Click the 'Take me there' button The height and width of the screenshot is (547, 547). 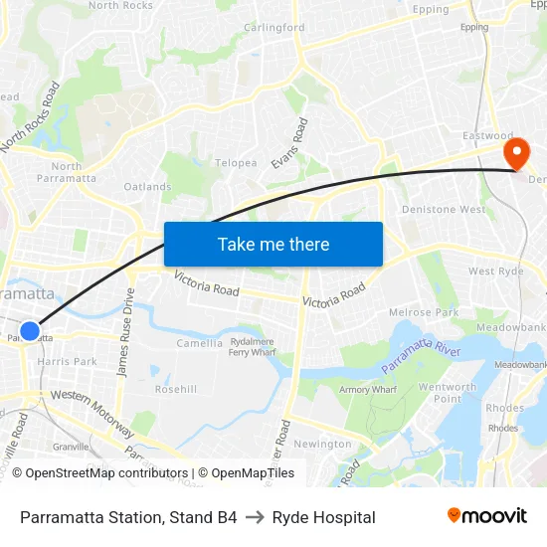273,244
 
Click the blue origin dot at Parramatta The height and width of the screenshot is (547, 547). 30,331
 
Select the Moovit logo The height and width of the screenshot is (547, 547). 487,516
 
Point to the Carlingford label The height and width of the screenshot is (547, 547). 274,28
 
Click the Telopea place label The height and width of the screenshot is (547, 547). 237,163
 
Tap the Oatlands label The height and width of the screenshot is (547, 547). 147,187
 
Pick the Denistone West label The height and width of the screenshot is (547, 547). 444,210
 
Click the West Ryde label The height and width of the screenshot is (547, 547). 495,272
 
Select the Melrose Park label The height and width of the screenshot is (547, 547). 425,312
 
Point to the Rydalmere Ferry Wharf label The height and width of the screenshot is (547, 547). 253,346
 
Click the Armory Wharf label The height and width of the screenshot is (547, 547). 368,390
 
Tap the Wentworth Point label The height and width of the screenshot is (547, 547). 448,393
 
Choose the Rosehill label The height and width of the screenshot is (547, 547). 176,389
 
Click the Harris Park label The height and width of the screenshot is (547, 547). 68,362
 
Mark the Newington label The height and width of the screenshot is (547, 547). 323,445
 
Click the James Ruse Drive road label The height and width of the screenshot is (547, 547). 126,331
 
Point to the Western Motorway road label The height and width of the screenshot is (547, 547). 92,413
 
